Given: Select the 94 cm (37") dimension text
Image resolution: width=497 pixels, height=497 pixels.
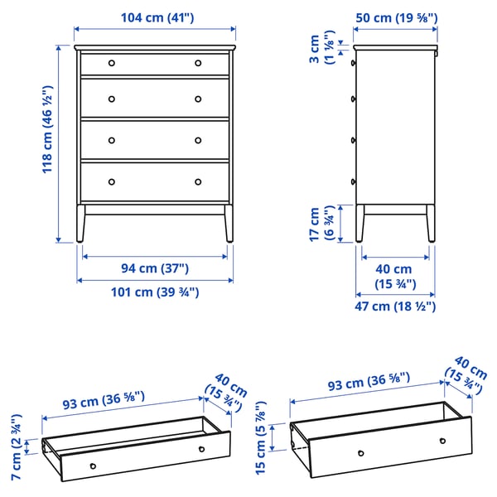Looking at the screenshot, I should click(155, 268).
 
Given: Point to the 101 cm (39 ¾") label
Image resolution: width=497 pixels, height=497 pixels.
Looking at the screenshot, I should click(155, 292).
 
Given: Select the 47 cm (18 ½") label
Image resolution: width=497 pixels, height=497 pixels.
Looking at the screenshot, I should click(393, 306).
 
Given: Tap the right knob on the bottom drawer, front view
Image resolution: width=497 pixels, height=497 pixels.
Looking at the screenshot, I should click(198, 181).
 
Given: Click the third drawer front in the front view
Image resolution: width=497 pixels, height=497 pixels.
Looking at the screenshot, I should click(155, 138).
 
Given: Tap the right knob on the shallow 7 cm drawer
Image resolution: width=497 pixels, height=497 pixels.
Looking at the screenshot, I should click(201, 449).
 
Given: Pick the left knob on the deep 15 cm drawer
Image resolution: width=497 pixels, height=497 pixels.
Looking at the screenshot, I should click(360, 452).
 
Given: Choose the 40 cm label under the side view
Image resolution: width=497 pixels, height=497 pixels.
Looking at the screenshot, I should click(393, 277).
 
